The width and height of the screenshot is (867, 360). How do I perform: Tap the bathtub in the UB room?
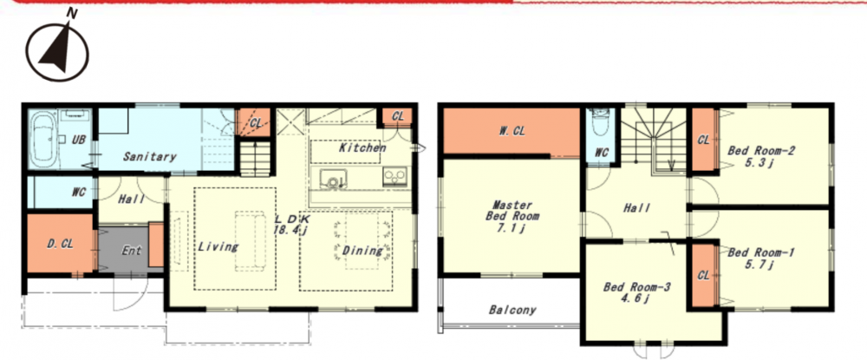coord(43,140)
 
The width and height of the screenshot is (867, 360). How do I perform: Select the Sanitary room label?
coord(149,156)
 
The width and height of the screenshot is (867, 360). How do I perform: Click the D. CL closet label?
coord(60,244)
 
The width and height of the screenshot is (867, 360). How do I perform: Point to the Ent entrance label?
coord(132,251)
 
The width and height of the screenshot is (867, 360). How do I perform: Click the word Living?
coord(218,246)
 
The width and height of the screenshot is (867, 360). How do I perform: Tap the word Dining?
coord(362,251)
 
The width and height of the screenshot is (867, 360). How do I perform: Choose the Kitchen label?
coord(362,147)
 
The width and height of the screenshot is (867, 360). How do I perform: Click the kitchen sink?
coord(333,180)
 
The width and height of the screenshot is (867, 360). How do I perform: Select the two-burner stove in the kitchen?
coord(395,176)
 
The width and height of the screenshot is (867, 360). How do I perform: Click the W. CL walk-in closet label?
coord(512,131)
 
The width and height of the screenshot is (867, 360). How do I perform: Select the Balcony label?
coord(512,310)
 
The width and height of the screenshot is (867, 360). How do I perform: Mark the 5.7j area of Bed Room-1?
coord(759,265)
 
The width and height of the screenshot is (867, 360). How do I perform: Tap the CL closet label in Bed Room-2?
coord(703,141)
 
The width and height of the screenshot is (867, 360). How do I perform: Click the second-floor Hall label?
coord(637,208)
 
